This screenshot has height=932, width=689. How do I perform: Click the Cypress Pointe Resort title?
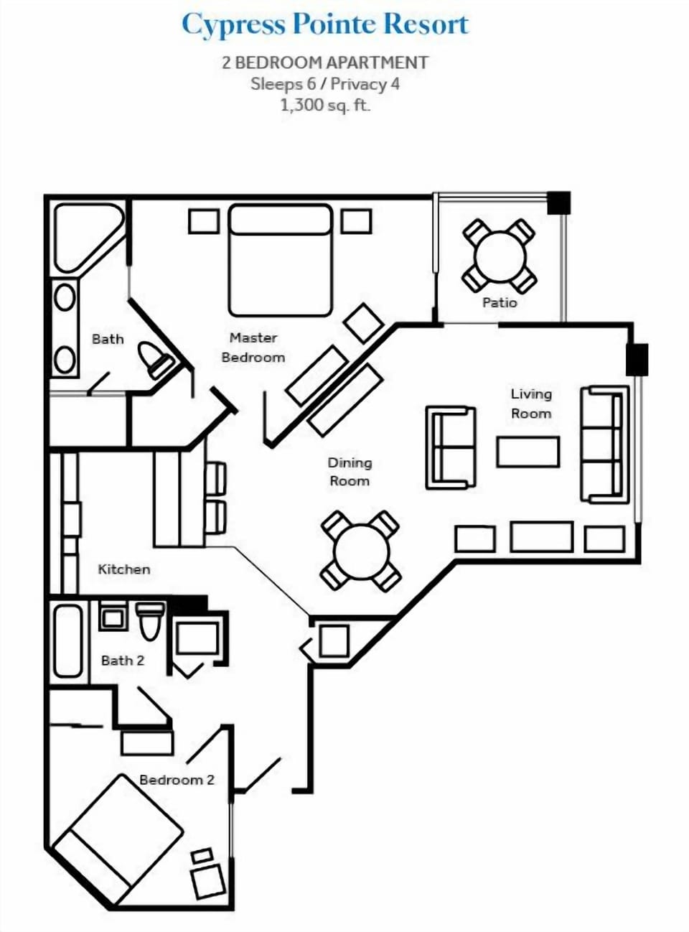pos(324,24)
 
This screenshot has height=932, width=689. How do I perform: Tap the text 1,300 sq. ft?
pos(324,105)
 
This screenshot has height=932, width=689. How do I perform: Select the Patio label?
pos(500,302)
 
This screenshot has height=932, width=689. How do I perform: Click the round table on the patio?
pos(500,256)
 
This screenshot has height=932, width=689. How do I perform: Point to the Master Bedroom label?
pos(253,347)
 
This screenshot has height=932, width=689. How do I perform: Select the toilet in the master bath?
pos(156,358)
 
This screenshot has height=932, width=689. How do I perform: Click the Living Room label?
pos(531,403)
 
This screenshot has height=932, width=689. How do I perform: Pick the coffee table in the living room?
pos(528,452)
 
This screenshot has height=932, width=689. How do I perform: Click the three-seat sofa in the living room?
pos(604,444)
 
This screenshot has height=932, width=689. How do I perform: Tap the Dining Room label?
pos(350,472)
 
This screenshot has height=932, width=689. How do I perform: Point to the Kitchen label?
pos(124,569)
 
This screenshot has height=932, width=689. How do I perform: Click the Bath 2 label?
pos(123,660)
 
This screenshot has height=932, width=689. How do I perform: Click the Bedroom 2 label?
pos(177,780)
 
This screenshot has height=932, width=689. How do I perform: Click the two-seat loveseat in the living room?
pos(451,447)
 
